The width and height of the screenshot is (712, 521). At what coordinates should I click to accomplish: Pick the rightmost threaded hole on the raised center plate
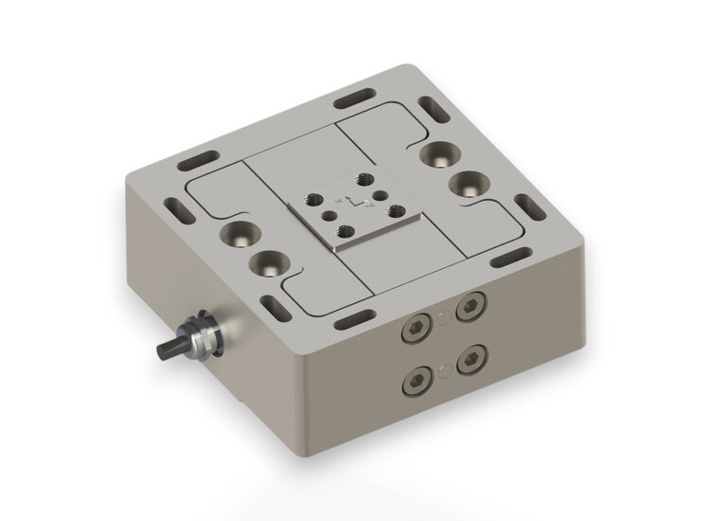click(x=396, y=210)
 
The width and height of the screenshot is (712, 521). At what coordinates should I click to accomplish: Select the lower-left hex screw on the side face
click(x=414, y=383)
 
